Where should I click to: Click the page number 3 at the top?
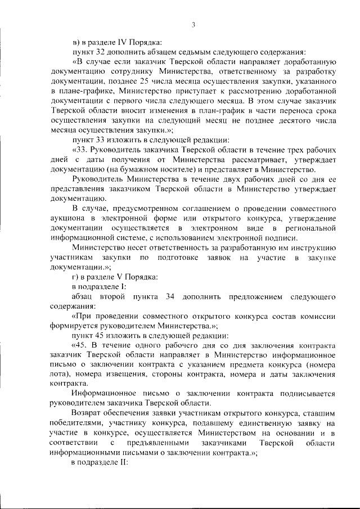pos(192,24)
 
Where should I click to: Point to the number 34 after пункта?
pos(171,296)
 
